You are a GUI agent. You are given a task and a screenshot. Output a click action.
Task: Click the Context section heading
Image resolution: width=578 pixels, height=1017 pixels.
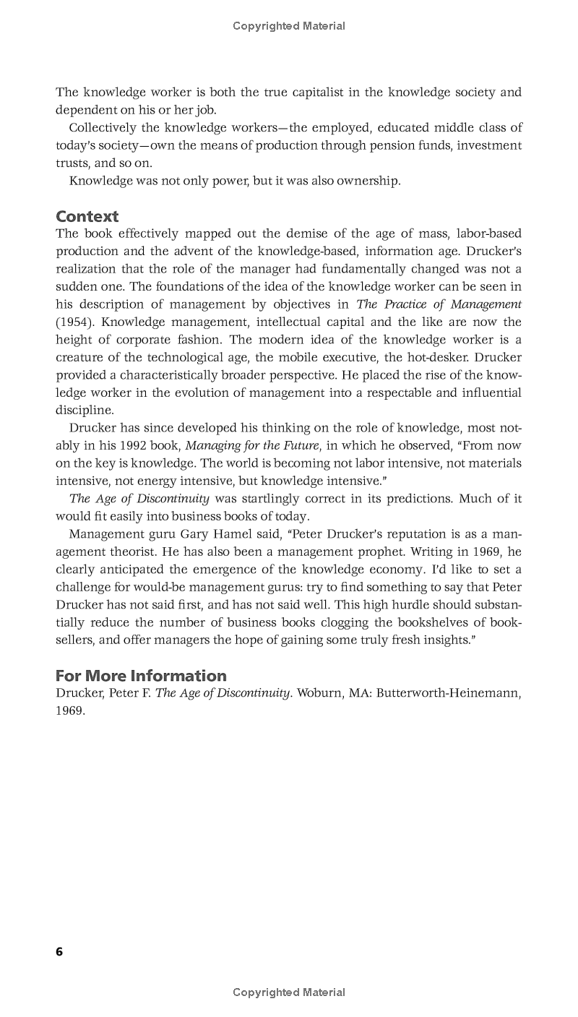[87, 216]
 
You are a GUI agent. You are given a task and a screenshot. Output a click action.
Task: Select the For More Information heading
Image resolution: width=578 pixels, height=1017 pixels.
[141, 676]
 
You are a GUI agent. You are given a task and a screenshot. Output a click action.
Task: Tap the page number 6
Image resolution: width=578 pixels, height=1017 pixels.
[59, 952]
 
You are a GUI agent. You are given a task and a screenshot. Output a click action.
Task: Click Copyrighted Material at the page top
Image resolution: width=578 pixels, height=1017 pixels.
[289, 26]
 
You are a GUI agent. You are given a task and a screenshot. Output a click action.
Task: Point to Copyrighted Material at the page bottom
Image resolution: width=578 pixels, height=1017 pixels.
[289, 992]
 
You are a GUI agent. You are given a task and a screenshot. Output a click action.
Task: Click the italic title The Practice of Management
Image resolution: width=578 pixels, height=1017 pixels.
[439, 304]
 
